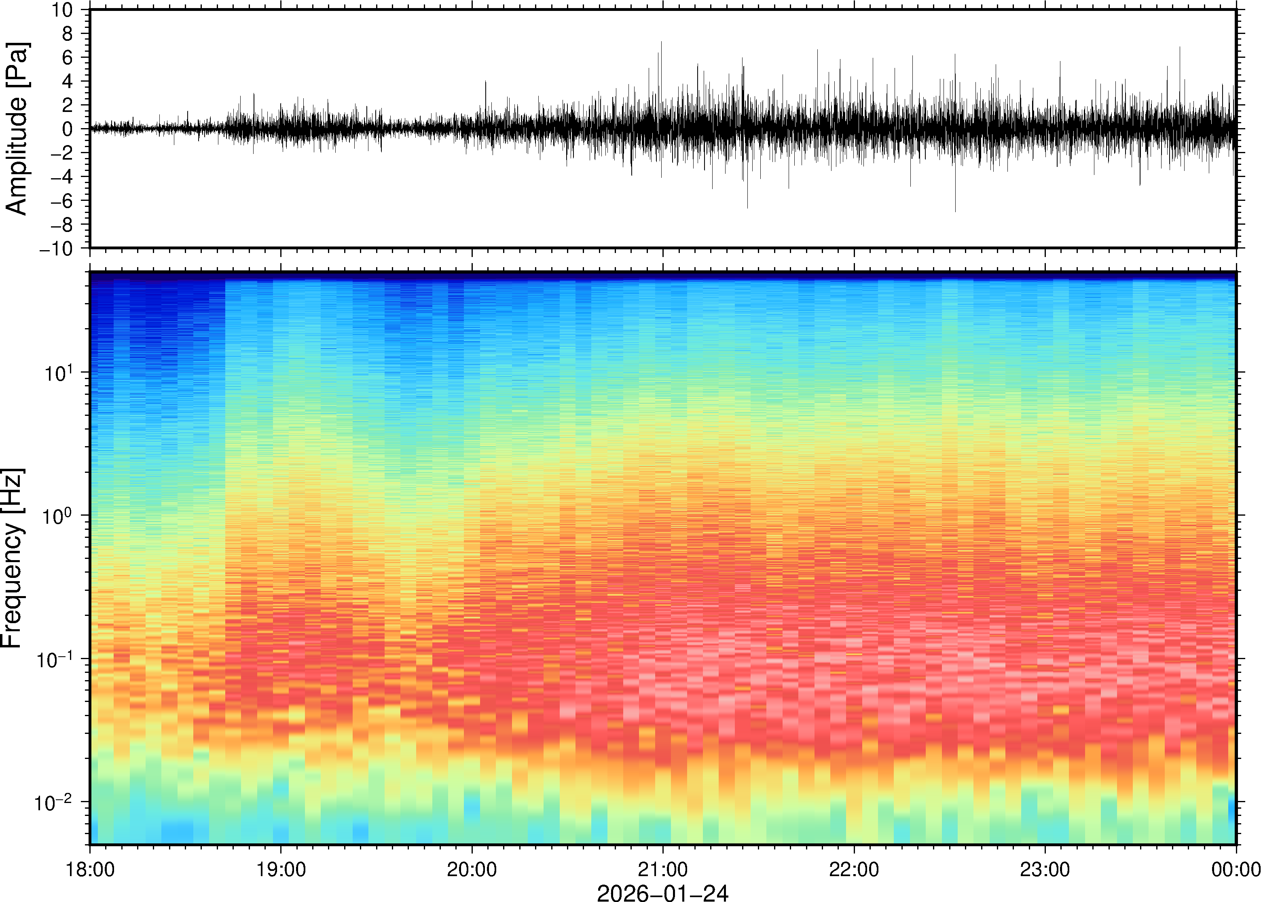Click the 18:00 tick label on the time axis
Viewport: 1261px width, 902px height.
[x=90, y=869]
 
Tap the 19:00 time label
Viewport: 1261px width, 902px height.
[x=281, y=869]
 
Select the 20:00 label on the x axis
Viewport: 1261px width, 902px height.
[x=472, y=869]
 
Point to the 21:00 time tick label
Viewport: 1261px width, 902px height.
[x=662, y=869]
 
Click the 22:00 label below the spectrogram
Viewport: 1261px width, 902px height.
[x=854, y=869]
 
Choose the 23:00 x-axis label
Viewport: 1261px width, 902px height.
[x=1045, y=869]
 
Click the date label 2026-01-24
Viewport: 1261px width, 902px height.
[x=662, y=893]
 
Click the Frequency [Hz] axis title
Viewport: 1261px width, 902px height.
[x=12, y=558]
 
